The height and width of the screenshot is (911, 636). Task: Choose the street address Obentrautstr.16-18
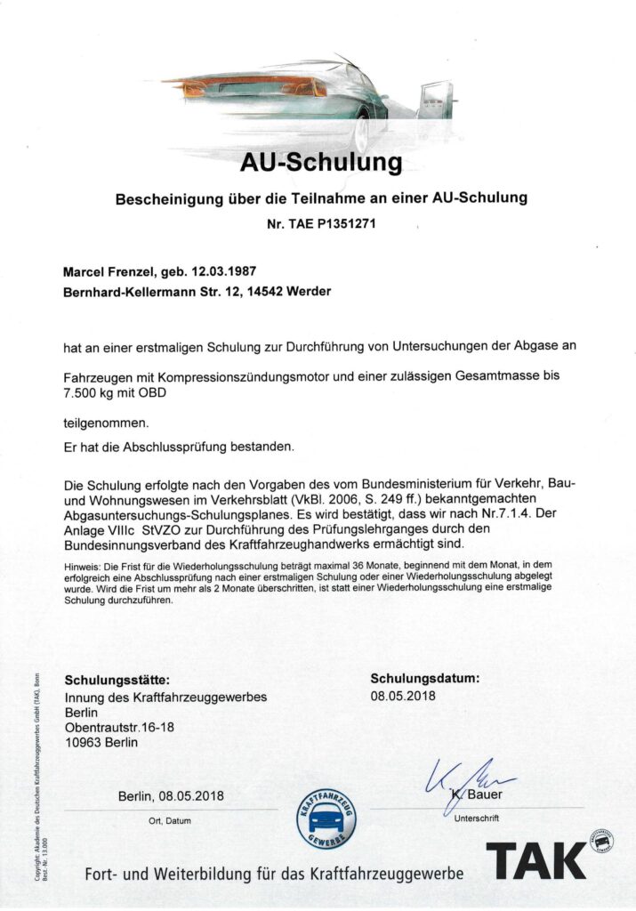point(120,728)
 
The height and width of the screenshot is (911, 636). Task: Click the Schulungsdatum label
point(424,679)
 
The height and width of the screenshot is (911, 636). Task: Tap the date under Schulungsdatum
point(403,696)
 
